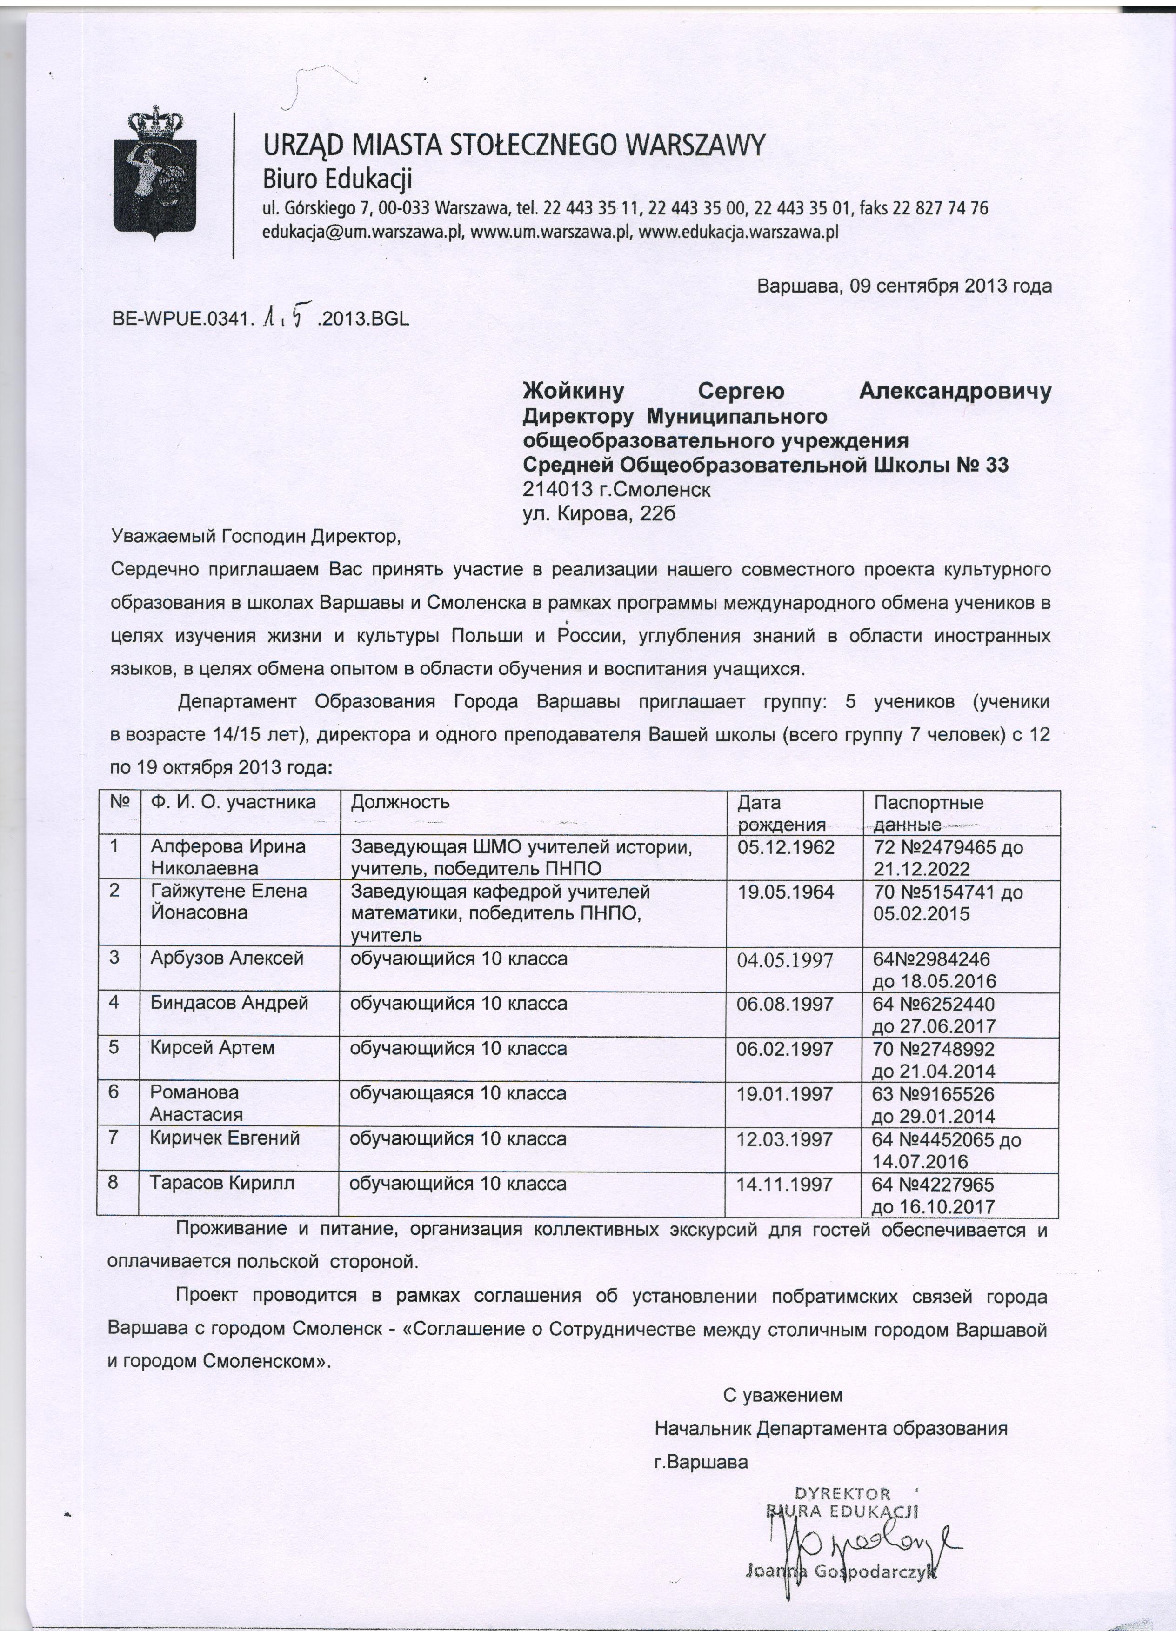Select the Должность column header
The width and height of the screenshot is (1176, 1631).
(400, 802)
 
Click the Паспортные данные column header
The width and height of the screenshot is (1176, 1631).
(928, 812)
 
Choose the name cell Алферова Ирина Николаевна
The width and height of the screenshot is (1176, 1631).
(227, 857)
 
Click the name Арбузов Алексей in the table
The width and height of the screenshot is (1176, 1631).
(227, 959)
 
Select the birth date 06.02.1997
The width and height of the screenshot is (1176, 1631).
(785, 1048)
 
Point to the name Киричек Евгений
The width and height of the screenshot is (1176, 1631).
(224, 1138)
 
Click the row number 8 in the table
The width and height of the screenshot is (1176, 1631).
(114, 1183)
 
